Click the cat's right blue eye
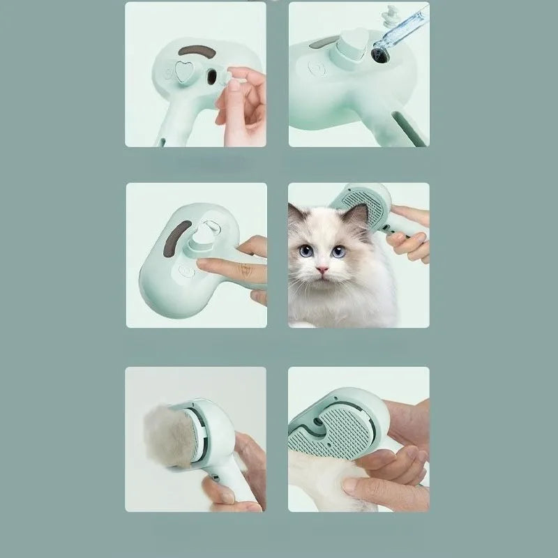(338, 251)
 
